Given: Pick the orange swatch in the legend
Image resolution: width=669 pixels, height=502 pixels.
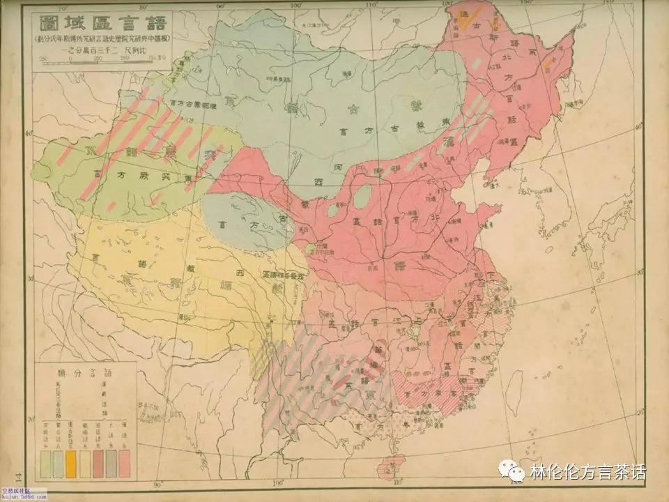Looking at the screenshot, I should pos(71,459).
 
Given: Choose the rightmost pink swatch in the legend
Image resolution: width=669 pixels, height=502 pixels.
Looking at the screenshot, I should pos(125,459).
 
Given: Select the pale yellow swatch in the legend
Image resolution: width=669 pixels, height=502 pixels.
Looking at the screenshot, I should pos(84,459).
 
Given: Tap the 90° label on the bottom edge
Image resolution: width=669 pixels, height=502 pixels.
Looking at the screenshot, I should pos(157,484).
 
